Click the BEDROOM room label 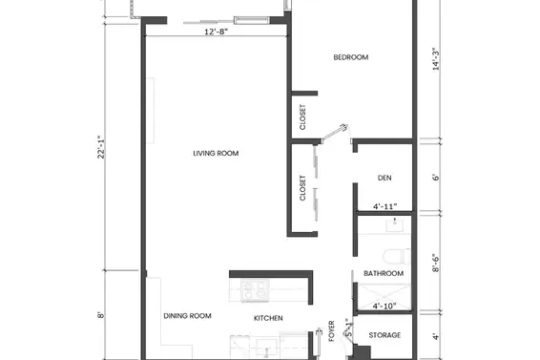point(350,57)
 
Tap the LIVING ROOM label point(215,153)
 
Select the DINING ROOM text point(187,316)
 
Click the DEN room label point(384,178)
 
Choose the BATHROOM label point(384,274)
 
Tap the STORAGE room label point(384,336)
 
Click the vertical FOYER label point(332,330)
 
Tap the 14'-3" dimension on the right point(436,60)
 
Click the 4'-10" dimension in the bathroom point(384,306)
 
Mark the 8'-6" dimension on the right point(436,263)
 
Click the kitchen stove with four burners point(256,287)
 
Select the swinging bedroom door point(336,130)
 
